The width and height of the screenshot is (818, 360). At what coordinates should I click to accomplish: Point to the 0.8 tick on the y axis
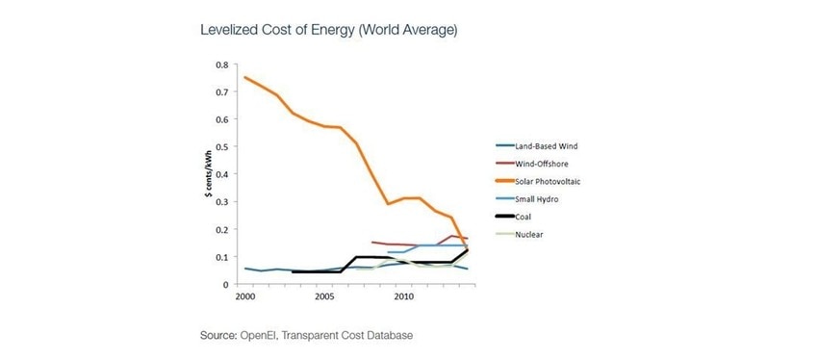[x=222, y=64]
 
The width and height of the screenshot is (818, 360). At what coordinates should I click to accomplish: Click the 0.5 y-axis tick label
[x=222, y=147]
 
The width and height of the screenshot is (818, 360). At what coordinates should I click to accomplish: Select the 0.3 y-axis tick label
[x=222, y=202]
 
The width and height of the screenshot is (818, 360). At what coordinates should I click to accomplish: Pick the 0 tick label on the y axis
[x=226, y=285]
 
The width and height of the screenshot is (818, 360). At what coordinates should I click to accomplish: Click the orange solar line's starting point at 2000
[x=246, y=78]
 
